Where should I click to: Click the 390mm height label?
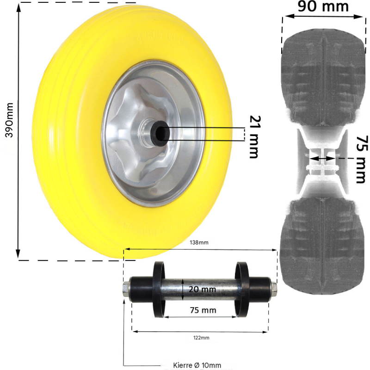click(9, 120)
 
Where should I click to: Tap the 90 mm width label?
click(323, 6)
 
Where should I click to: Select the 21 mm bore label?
click(255, 137)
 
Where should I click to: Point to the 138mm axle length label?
click(199, 242)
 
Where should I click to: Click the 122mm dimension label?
click(201, 338)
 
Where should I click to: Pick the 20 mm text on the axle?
click(202, 289)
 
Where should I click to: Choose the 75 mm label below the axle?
click(203, 310)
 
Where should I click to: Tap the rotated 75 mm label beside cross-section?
click(362, 160)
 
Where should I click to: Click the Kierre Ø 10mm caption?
click(197, 365)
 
